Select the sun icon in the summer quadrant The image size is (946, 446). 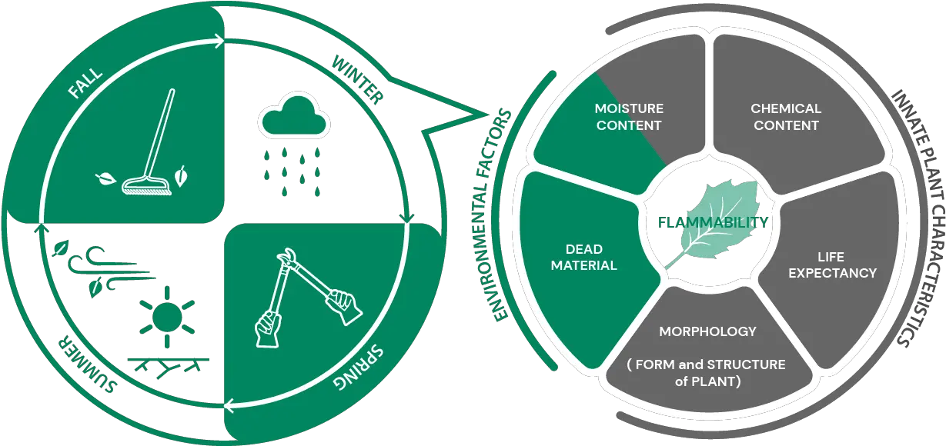[164, 316]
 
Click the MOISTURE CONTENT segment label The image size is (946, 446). [628, 117]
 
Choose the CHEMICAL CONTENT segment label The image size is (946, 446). [786, 117]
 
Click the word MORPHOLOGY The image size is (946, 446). [707, 331]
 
